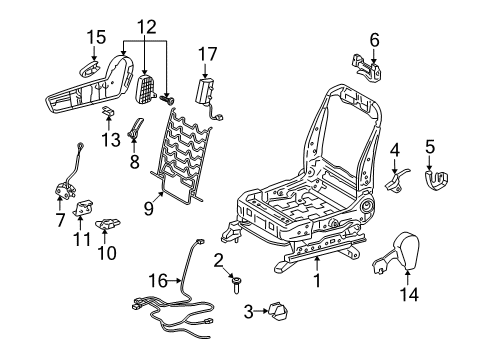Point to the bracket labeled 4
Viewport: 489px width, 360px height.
396,181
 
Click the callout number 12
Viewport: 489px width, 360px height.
147,27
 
